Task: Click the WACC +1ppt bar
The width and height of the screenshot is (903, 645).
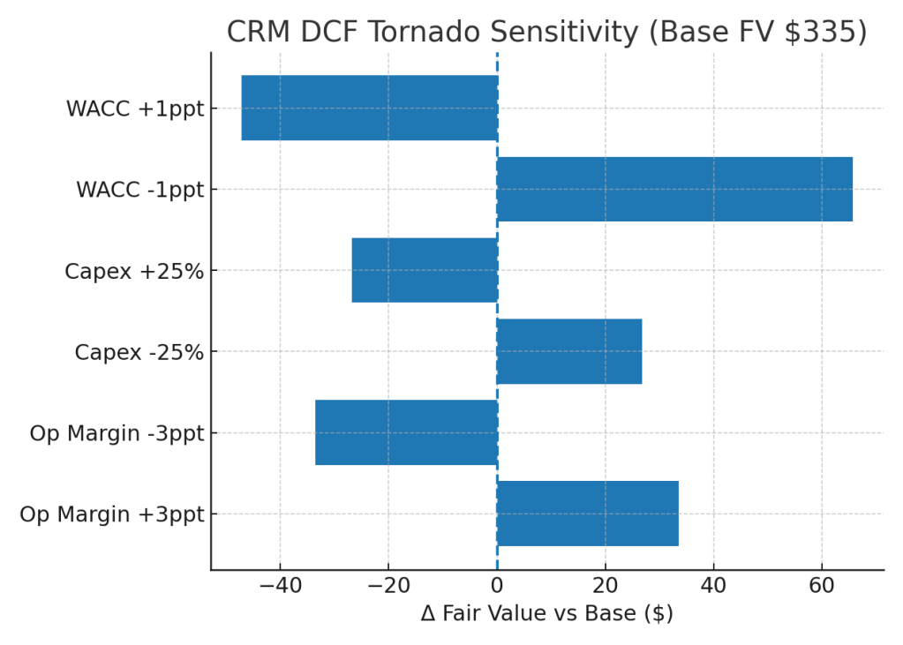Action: click(369, 108)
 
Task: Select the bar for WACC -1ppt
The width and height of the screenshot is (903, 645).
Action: click(674, 189)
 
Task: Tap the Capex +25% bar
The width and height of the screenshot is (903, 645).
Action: click(424, 270)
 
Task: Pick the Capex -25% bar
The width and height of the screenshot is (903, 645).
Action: click(569, 351)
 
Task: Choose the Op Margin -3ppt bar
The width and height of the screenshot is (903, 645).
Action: click(406, 432)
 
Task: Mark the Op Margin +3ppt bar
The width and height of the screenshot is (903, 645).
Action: click(588, 514)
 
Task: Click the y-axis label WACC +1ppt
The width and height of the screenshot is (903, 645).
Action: click(134, 109)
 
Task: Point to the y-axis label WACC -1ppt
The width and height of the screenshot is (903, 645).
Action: click(139, 190)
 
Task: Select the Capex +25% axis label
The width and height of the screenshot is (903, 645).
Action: click(134, 271)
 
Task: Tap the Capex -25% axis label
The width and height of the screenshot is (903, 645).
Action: click(139, 353)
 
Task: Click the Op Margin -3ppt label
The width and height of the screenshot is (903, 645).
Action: click(117, 434)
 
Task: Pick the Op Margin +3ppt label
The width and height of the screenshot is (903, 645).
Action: click(111, 514)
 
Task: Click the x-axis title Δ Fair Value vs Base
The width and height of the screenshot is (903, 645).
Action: click(546, 613)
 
